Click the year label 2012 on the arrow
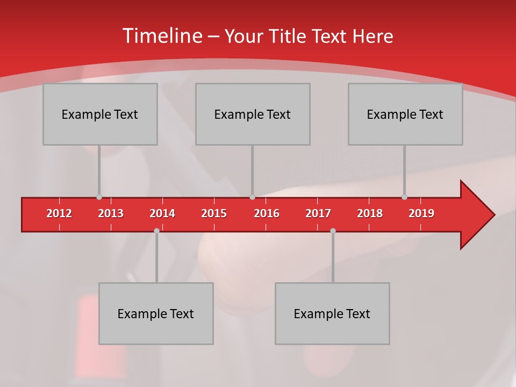[59, 213]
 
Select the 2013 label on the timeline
[111, 213]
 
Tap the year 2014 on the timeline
[162, 213]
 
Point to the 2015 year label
[214, 213]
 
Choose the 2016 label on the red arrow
[267, 213]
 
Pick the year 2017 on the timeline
[318, 213]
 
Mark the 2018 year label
[370, 213]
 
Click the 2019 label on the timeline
[421, 213]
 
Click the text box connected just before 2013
[100, 114]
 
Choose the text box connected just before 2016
[253, 114]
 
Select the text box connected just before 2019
[405, 114]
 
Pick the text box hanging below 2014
[156, 313]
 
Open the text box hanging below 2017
[332, 313]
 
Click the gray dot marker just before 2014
[156, 231]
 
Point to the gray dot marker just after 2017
[333, 231]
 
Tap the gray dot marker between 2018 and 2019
[404, 197]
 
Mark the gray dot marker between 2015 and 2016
[252, 197]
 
